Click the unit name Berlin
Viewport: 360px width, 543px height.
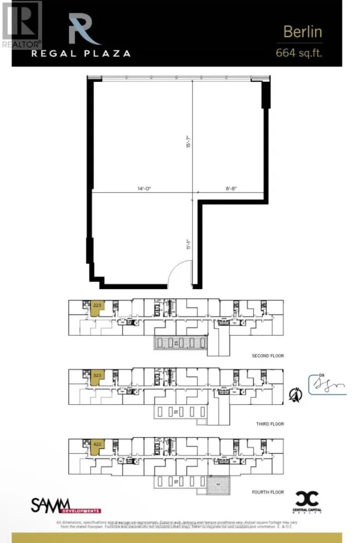coord(302,32)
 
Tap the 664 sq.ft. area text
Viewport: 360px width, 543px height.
coord(299,52)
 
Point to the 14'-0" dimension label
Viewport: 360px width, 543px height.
coord(144,188)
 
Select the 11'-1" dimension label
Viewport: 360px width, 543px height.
coord(188,245)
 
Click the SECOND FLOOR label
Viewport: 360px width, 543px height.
coord(267,356)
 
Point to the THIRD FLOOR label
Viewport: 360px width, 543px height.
coord(270,423)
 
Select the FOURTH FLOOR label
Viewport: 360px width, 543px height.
coord(268,492)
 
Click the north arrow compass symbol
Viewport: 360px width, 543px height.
coord(294,394)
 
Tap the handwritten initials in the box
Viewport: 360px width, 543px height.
coord(327,385)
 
